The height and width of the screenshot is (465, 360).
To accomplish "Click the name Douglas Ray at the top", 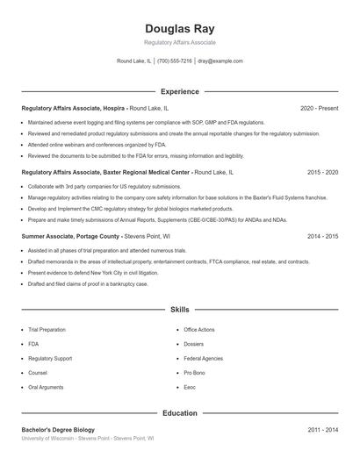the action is click(x=179, y=27).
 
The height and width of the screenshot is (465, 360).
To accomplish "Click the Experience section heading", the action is click(x=179, y=91).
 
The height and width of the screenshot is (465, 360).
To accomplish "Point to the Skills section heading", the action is click(x=179, y=311).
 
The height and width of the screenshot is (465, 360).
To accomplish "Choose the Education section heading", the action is click(x=179, y=412).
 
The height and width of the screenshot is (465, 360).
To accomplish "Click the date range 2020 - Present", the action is click(x=320, y=108).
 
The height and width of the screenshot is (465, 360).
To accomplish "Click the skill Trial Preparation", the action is click(x=47, y=330).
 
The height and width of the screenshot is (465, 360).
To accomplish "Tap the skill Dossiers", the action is click(x=195, y=344).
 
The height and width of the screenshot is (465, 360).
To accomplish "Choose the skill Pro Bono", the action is click(x=195, y=373).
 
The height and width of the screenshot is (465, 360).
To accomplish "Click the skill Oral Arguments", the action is click(x=46, y=387).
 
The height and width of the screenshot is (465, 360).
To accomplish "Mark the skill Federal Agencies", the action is click(x=204, y=358).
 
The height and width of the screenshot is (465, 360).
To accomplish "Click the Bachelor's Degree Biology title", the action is click(x=58, y=429).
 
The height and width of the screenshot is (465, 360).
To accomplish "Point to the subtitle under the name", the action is click(x=179, y=42).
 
